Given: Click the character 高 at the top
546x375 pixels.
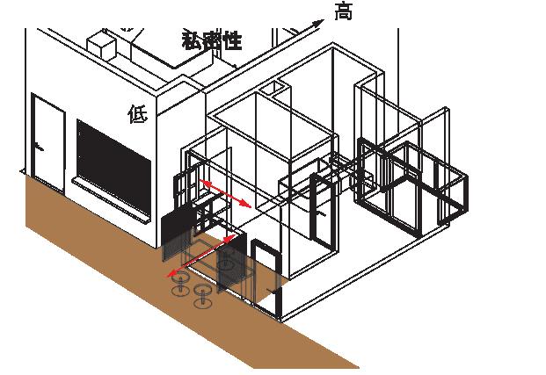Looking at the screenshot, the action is [x=344, y=12].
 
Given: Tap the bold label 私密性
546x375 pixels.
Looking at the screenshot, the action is [x=212, y=40].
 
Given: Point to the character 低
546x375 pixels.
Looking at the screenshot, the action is [x=137, y=114].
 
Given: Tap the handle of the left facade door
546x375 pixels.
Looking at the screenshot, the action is [x=39, y=145].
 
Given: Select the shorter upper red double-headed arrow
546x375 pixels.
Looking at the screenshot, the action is [x=226, y=192].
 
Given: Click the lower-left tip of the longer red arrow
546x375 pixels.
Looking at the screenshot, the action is [x=171, y=273].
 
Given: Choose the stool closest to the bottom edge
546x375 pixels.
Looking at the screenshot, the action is [x=204, y=295].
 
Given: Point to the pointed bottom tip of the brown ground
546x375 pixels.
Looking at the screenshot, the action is [x=355, y=366].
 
